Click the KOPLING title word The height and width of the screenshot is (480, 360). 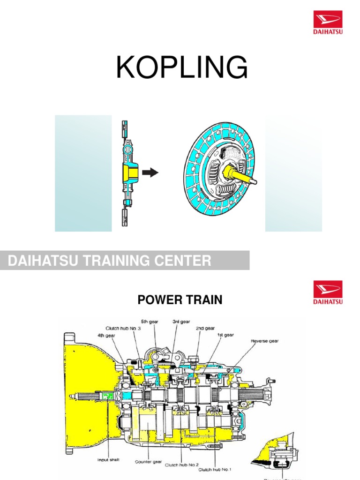pyautogui.click(x=182, y=68)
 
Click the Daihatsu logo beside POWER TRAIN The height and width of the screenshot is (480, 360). pyautogui.click(x=327, y=292)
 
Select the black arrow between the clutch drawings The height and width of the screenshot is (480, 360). pyautogui.click(x=150, y=173)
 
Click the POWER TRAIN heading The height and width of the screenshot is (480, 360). pyautogui.click(x=180, y=300)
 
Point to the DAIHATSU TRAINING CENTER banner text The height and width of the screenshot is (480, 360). pyautogui.click(x=110, y=261)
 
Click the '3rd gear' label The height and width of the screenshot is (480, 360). pyautogui.click(x=181, y=322)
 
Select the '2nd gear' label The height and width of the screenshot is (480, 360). pyautogui.click(x=206, y=329)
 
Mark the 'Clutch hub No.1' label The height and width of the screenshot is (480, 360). pyautogui.click(x=215, y=469)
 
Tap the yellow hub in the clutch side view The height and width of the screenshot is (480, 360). pyautogui.click(x=128, y=172)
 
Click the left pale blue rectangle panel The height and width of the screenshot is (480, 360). pyautogui.click(x=83, y=173)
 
